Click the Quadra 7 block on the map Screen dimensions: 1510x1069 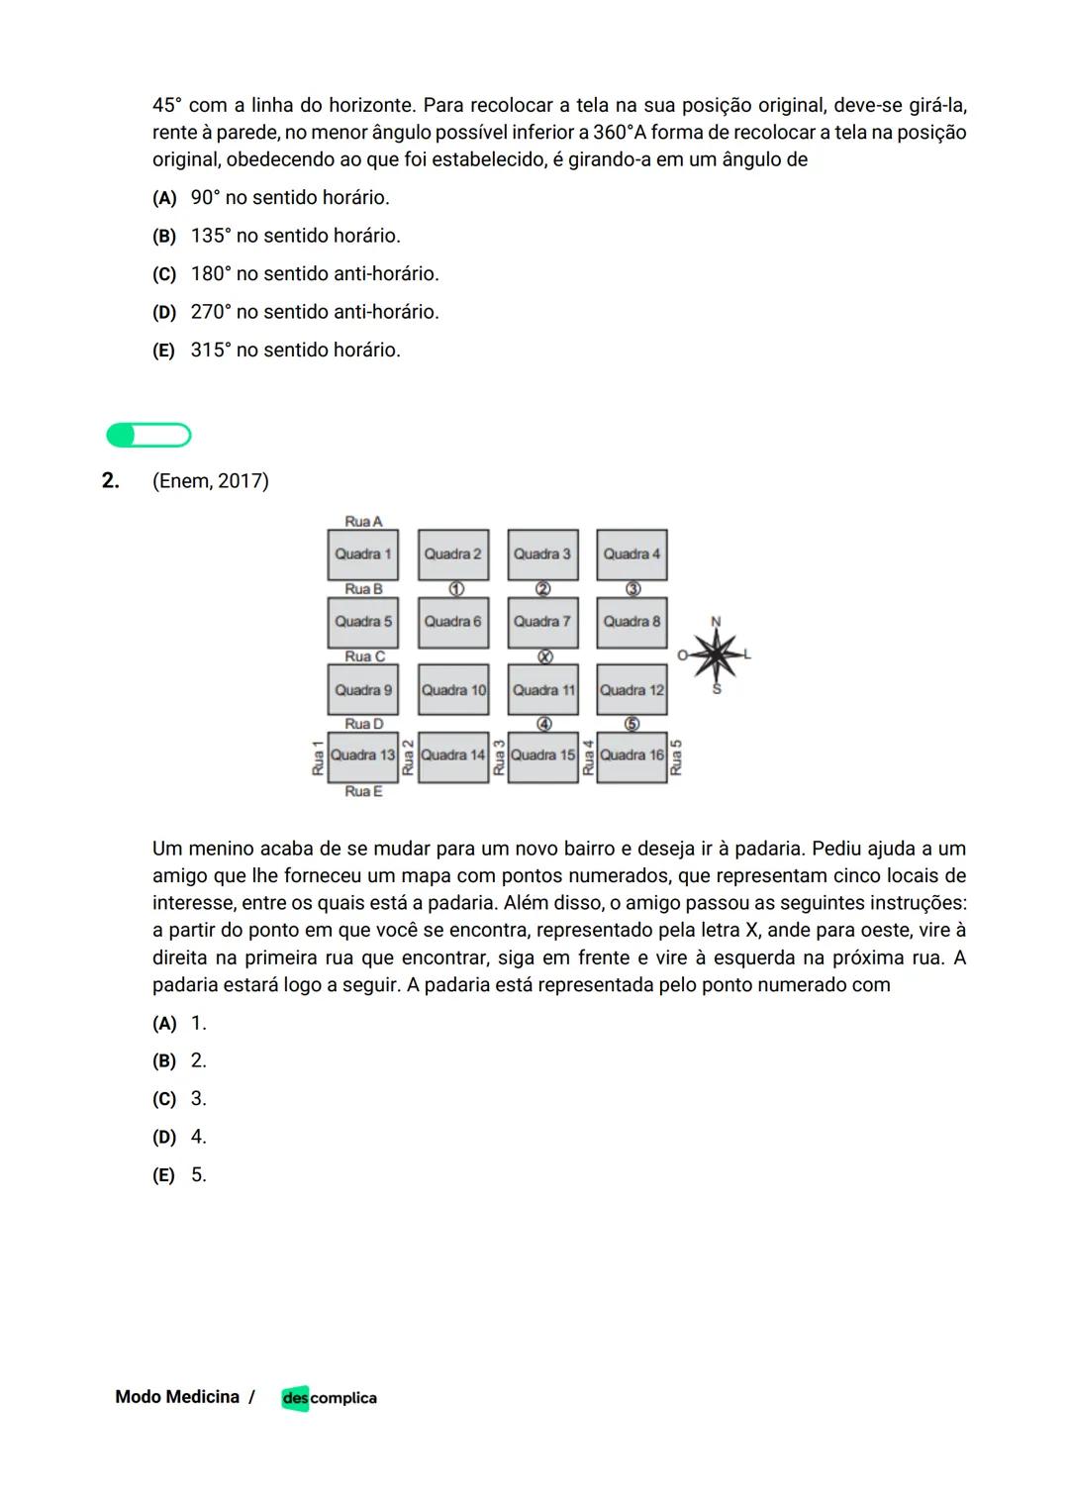pos(542,622)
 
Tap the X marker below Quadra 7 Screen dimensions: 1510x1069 pos(543,656)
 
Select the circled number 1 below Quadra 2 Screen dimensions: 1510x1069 pos(455,589)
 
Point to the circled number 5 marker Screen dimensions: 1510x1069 pos(632,724)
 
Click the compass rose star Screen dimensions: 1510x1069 pos(716,654)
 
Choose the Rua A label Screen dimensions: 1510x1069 pos(363,521)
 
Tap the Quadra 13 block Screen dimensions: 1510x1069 pos(362,755)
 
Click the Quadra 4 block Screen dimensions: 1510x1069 pos(632,554)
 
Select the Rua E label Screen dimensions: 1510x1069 pos(363,791)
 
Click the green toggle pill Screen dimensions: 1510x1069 pos(148,435)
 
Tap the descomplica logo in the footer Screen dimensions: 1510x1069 pos(329,1397)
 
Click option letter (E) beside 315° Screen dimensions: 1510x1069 pos(163,351)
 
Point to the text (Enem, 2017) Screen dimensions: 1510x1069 pos(210,481)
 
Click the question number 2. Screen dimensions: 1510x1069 pos(110,481)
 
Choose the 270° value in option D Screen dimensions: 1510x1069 pos(209,312)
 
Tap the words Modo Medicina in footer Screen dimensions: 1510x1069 pos(177,1397)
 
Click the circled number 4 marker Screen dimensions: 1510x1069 pos(543,724)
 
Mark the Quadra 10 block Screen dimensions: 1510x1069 pos(453,690)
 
